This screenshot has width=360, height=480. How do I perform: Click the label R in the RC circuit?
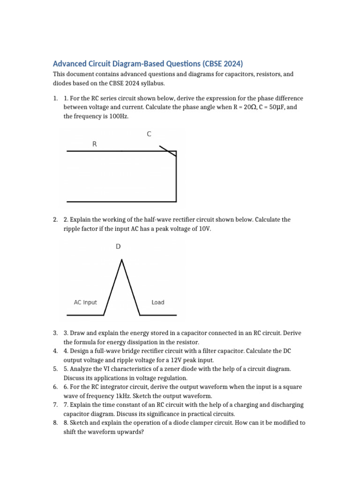coord(95,144)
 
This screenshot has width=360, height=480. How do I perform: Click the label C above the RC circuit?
coord(149,134)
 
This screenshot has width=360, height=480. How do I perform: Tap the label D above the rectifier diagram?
coord(118,247)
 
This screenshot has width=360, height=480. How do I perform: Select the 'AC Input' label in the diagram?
coord(85,302)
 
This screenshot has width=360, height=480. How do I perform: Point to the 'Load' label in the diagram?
coord(158,302)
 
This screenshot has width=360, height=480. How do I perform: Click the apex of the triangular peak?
coord(122,260)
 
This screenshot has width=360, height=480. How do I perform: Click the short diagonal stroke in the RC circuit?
coord(167,150)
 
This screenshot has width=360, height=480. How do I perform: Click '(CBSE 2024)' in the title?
coord(221,64)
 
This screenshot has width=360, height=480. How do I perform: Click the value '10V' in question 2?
coord(204,229)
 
